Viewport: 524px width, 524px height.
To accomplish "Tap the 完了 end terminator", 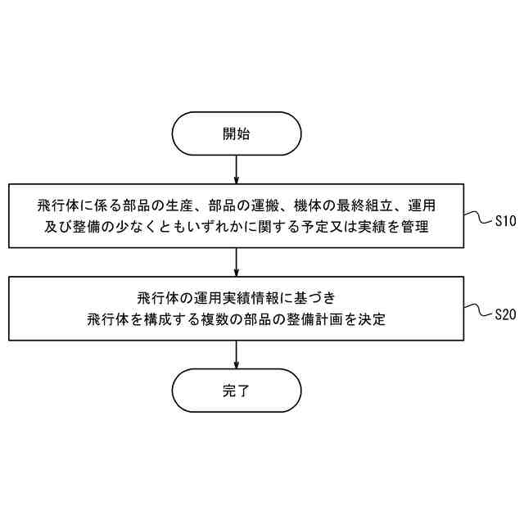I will coord(236,391).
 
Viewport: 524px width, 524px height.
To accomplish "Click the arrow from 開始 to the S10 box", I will coord(236,169).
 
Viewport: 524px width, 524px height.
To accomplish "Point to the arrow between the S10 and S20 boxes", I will coord(236,262).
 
